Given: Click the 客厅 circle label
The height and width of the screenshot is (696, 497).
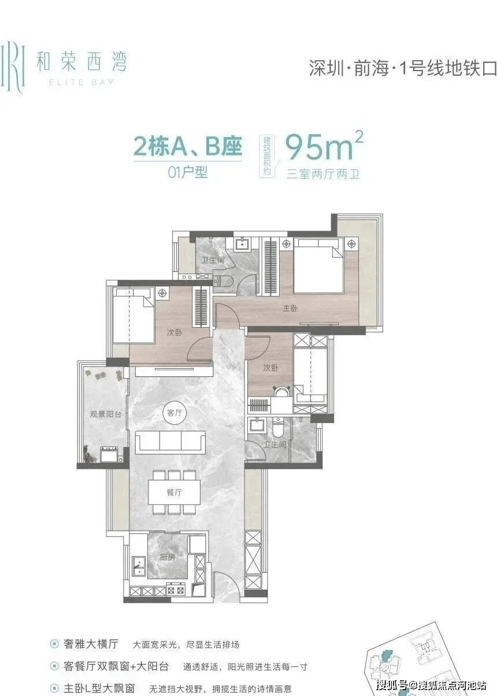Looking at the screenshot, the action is [x=175, y=413].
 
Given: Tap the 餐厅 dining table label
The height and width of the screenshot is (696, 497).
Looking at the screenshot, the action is [x=174, y=492].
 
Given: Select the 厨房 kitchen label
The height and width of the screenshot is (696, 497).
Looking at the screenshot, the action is [x=168, y=557].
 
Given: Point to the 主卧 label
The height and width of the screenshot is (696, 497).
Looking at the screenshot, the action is [x=290, y=308].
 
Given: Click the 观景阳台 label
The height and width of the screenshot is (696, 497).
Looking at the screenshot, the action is [x=106, y=414].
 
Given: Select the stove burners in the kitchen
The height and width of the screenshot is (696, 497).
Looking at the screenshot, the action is [x=176, y=590].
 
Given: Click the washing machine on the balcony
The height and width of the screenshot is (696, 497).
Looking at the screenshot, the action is [x=109, y=454].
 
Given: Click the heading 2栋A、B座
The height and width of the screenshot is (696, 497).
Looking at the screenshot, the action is [x=188, y=146].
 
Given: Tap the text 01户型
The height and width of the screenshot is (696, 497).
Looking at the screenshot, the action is [x=188, y=172].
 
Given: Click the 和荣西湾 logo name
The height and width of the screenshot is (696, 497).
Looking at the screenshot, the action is [x=81, y=62].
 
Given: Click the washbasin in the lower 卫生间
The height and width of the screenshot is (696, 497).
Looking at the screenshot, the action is [x=257, y=424].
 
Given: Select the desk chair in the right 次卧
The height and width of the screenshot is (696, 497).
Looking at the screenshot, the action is [x=283, y=391].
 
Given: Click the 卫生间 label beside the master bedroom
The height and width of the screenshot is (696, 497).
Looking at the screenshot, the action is [x=213, y=260].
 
